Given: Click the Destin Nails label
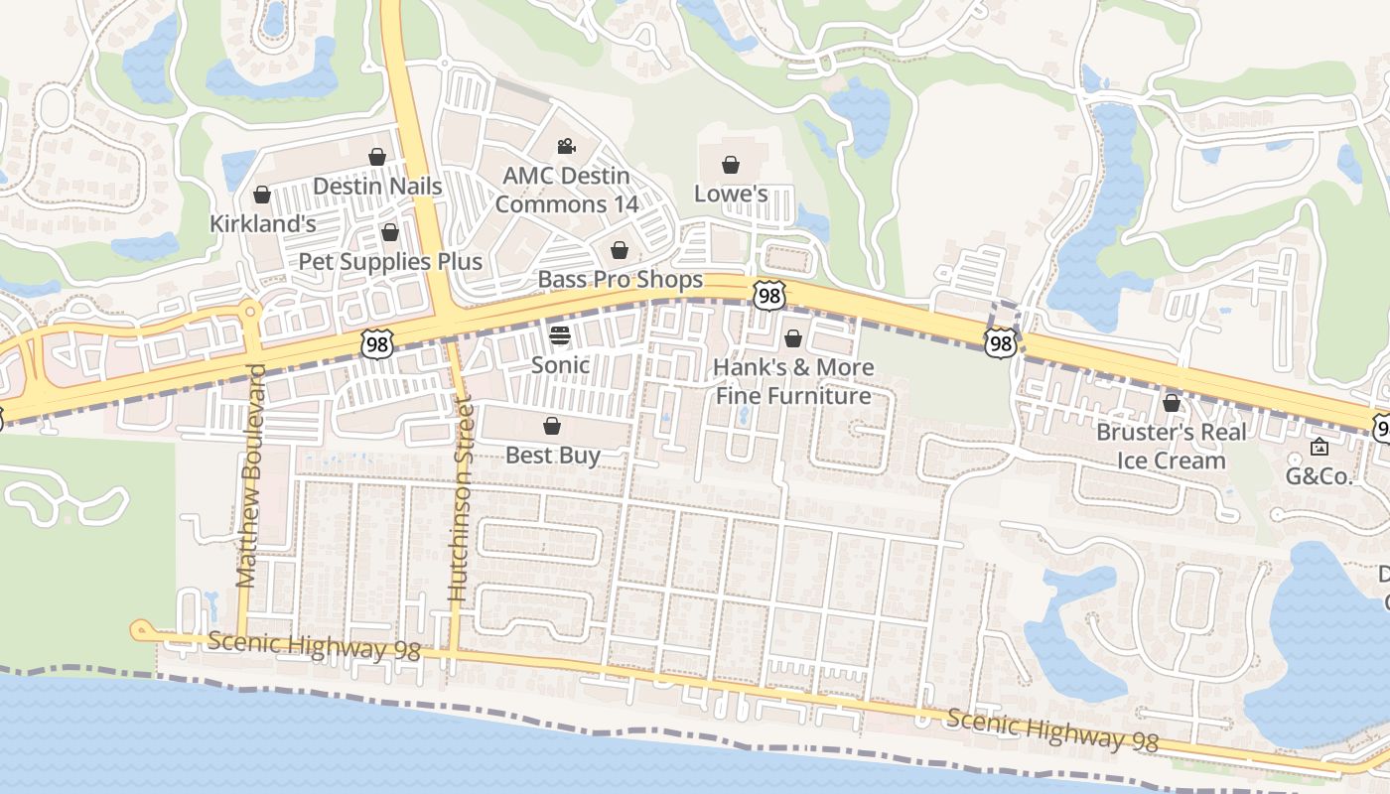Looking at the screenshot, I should (x=377, y=186).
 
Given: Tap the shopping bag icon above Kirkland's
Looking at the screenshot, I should (x=262, y=195).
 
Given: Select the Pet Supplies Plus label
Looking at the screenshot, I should (x=390, y=262).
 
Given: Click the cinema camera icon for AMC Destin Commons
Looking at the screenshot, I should (x=566, y=147).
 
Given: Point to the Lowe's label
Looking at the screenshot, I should (x=731, y=194).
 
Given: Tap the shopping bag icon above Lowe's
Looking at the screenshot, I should (x=731, y=164).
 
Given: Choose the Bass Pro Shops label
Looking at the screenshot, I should (x=620, y=280).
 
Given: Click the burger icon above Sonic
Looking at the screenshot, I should (x=560, y=334).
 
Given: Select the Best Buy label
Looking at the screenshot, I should (x=553, y=456).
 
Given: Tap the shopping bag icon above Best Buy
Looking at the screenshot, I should (x=552, y=426).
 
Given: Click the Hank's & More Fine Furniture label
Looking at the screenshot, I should (x=793, y=382).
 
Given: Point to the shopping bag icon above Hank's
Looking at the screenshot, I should (x=793, y=338).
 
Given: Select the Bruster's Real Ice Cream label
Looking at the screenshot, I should (x=1171, y=447).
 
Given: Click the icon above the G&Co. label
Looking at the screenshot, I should (x=1319, y=447).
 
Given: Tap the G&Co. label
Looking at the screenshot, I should (x=1319, y=476).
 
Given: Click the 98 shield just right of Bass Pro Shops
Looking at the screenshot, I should (x=769, y=294).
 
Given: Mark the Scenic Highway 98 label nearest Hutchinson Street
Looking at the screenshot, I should (x=314, y=646).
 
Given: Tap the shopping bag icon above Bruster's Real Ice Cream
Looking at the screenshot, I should (x=1172, y=403).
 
